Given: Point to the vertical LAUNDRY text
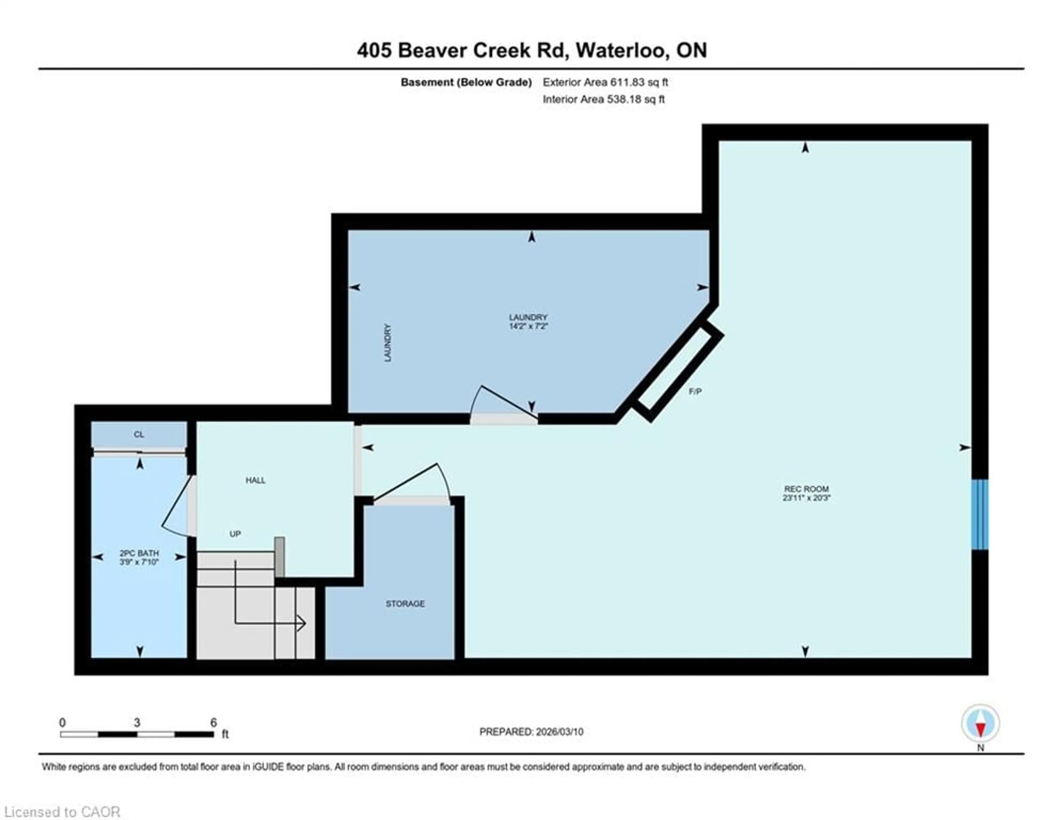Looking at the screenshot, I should (x=387, y=343).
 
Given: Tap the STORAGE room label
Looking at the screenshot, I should (x=405, y=604).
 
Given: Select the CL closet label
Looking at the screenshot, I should (x=139, y=434).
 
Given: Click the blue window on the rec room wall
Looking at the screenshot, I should (x=979, y=515).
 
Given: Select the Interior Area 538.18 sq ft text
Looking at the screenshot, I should (x=603, y=99).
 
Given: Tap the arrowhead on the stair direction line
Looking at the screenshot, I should (x=301, y=623).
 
